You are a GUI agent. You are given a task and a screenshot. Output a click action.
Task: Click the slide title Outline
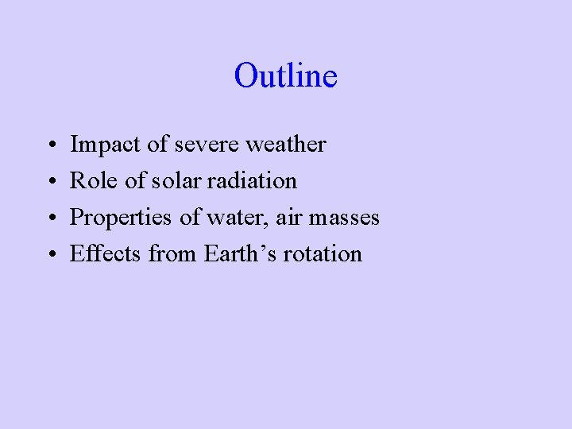pyautogui.click(x=286, y=76)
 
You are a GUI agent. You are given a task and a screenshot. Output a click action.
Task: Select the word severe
pyautogui.click(x=206, y=145)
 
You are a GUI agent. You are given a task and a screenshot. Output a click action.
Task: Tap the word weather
pyautogui.click(x=286, y=145)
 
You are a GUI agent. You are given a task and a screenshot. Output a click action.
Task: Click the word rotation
pyautogui.click(x=325, y=254)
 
